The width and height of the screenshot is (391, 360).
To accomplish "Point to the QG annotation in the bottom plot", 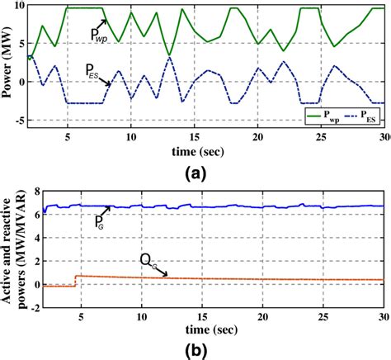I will [145, 262].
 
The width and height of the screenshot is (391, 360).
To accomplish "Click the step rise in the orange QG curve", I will [76, 281].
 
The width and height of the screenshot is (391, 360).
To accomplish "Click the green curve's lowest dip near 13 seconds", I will [169, 55].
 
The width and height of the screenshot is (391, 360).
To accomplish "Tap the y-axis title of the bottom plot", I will [9, 244].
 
